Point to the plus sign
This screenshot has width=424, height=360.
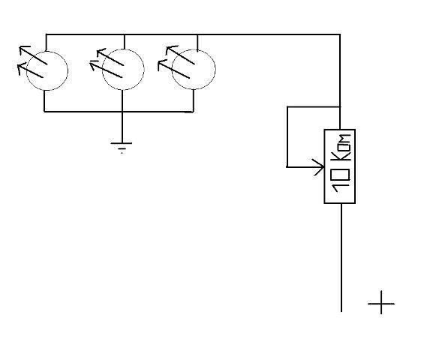pos(381,303)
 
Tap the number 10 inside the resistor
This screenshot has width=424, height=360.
pos(341,181)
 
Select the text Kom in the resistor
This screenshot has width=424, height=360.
pos(342,147)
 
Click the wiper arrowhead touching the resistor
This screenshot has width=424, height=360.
pos(320,167)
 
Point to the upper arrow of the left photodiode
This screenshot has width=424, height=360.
pos(33,55)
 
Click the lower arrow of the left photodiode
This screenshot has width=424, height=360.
pos(30,70)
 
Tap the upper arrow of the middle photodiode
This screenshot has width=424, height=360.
pos(110,57)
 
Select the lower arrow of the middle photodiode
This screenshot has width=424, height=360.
pos(106,70)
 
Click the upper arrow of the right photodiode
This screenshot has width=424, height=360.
pos(180,55)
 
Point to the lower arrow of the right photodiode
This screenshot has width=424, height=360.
pos(174,70)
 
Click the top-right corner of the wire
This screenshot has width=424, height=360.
pos(340,34)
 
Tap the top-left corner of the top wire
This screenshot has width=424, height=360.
pos(46,34)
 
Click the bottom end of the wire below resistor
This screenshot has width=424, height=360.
pos(341,311)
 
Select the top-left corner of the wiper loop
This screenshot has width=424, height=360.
pos(287,107)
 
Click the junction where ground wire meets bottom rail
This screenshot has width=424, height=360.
pos(122,111)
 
